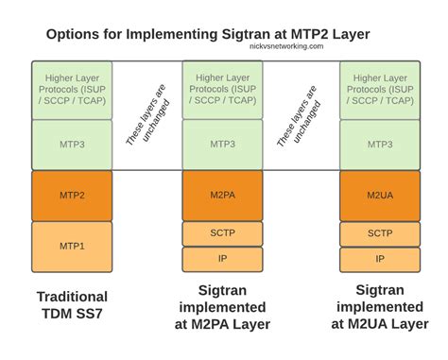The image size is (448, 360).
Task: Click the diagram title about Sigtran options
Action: tap(208, 34)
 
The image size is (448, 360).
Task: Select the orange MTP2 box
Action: tap(72, 196)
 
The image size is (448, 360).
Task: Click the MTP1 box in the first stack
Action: tap(72, 246)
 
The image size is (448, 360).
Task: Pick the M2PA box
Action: tap(222, 196)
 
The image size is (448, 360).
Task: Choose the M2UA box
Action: tap(379, 196)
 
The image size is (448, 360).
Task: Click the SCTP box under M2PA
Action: tap(222, 233)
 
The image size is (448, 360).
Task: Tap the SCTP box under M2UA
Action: tap(379, 233)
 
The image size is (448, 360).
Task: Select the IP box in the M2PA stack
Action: tap(222, 258)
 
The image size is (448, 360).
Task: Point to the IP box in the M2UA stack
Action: tap(379, 258)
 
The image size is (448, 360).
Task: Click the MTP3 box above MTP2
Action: tap(72, 145)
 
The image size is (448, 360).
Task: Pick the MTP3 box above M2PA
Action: tap(222, 145)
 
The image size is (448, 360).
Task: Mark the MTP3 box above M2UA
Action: tap(379, 145)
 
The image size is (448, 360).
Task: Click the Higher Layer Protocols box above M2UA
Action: tap(379, 90)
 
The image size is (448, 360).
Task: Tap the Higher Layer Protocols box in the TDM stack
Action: tap(72, 90)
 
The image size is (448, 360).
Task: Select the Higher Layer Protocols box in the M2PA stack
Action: tap(222, 90)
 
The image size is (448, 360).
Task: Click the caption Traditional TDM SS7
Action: tap(72, 304)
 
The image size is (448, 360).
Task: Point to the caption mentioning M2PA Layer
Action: tap(222, 307)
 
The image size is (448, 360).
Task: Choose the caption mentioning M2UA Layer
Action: tap(379, 307)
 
